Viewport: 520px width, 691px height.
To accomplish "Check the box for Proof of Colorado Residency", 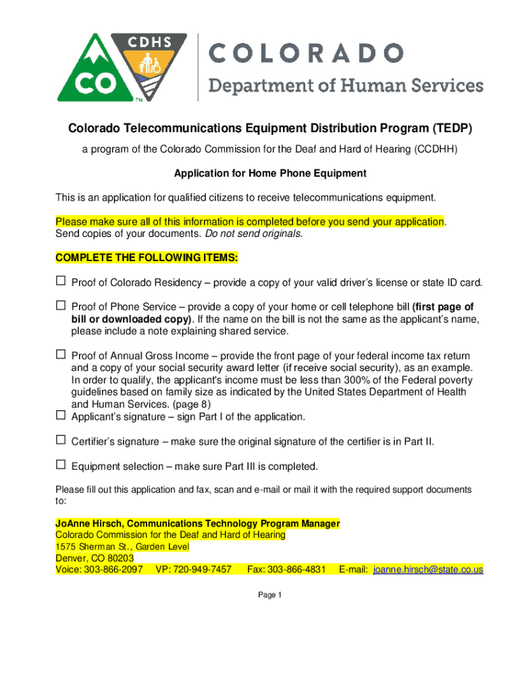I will pyautogui.click(x=60, y=281).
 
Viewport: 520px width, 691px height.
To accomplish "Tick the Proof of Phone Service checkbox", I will pyautogui.click(x=60, y=306).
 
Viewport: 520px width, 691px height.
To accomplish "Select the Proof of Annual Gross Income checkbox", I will pyautogui.click(x=60, y=354).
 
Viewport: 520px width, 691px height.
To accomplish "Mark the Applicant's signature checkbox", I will pyautogui.click(x=60, y=416).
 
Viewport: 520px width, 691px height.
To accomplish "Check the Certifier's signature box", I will pyautogui.click(x=60, y=440).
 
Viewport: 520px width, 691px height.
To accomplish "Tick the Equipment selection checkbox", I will pyautogui.click(x=60, y=465).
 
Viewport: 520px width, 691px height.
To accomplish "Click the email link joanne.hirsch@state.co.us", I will pyautogui.click(x=428, y=570).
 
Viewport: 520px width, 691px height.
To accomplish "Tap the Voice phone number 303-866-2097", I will pyautogui.click(x=113, y=570).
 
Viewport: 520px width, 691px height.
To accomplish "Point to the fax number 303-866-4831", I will pyautogui.click(x=296, y=570).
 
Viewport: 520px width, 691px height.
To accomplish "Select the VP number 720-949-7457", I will pyautogui.click(x=202, y=570).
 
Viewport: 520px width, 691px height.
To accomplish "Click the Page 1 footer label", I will pyautogui.click(x=269, y=595).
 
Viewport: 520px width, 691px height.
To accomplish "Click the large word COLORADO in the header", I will pyautogui.click(x=306, y=52).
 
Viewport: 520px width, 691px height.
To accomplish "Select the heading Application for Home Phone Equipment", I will pyautogui.click(x=270, y=173).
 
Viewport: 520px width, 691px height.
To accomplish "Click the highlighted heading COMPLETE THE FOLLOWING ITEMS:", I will pyautogui.click(x=147, y=258).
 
